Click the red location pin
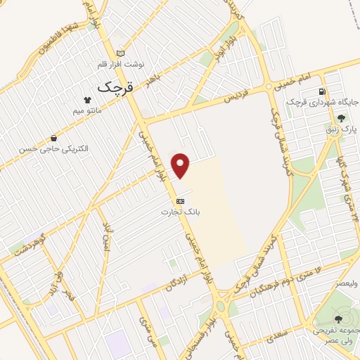point(181,165)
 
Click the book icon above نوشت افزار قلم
point(120,53)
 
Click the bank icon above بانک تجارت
point(180,200)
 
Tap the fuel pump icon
point(322,91)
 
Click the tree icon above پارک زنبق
point(341,117)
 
